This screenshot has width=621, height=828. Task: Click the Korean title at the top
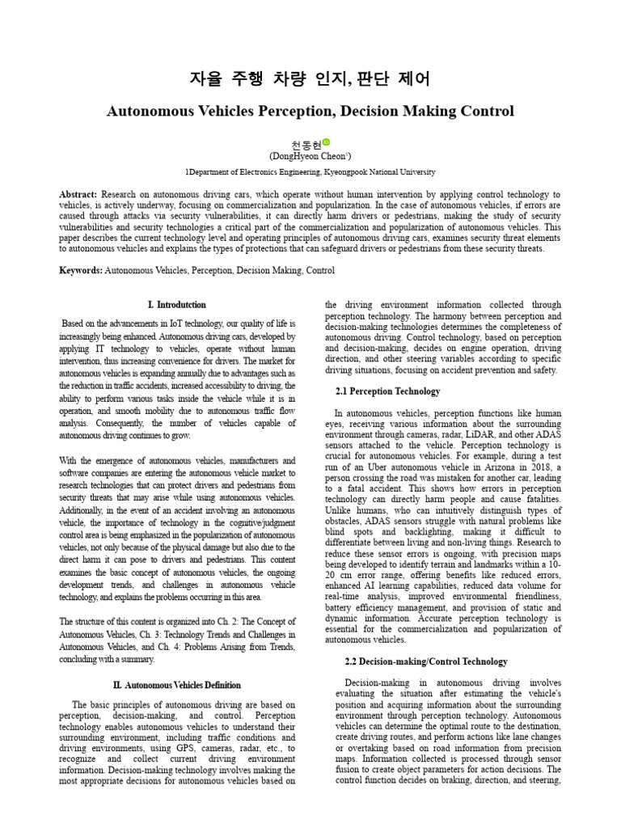pyautogui.click(x=310, y=78)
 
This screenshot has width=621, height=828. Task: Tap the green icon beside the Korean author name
pyautogui.click(x=327, y=142)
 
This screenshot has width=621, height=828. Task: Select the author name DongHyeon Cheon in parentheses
pyautogui.click(x=309, y=155)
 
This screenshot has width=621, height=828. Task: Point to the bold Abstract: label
pyautogui.click(x=78, y=196)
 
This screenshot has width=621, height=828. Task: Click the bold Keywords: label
pyautogui.click(x=81, y=269)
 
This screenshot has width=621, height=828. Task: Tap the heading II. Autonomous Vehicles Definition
pyautogui.click(x=177, y=684)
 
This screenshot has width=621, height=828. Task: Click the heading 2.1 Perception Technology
pyautogui.click(x=387, y=391)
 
